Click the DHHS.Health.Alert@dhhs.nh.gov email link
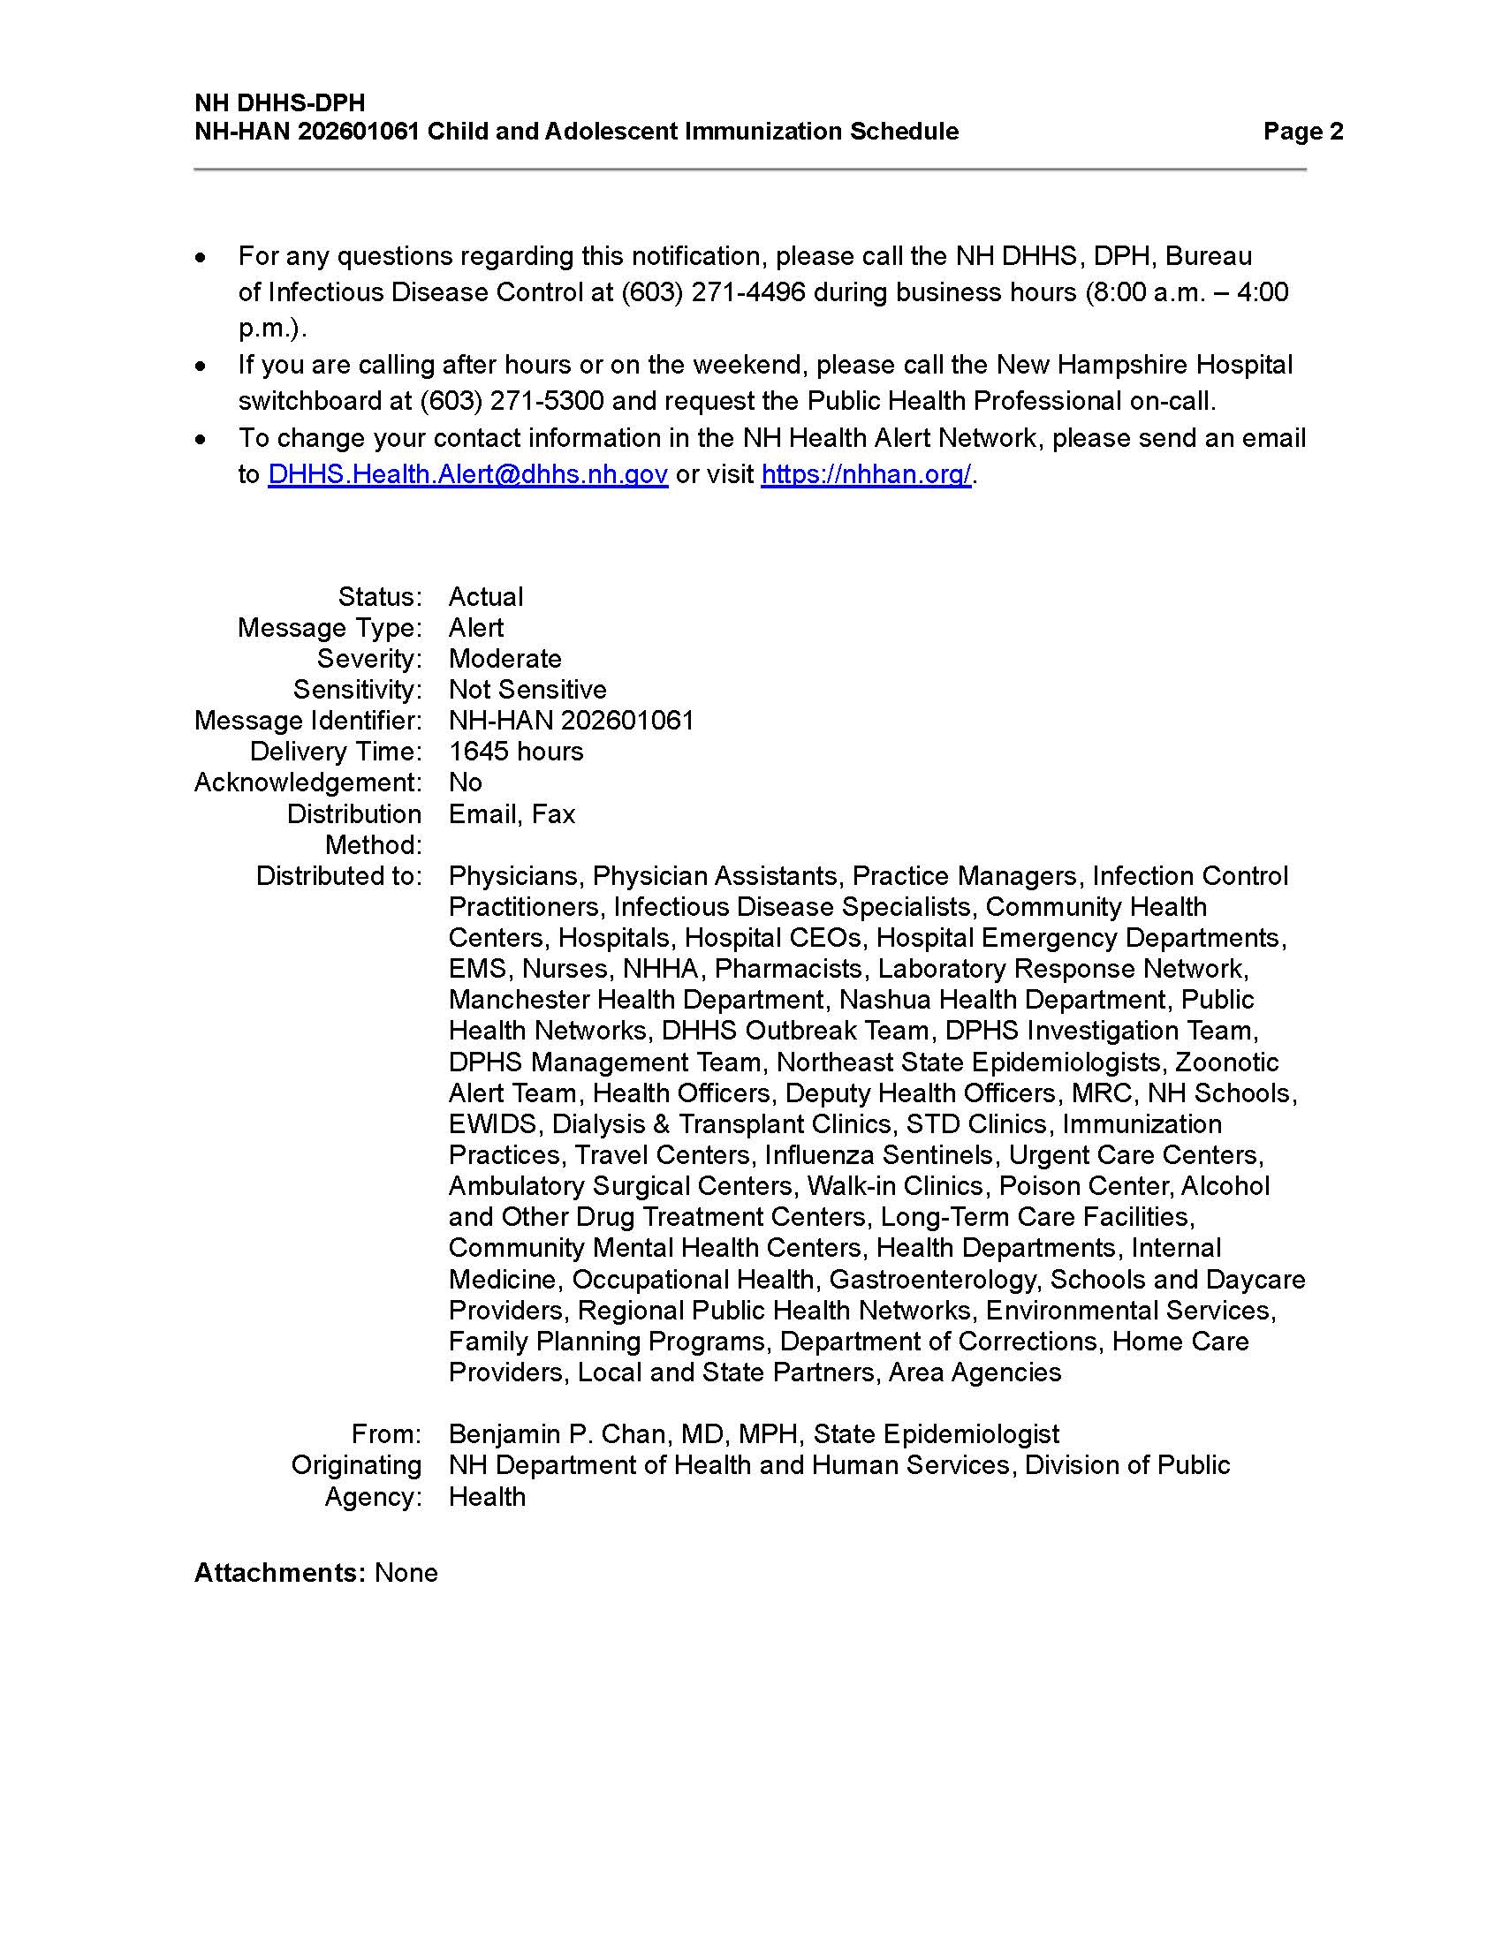(x=467, y=474)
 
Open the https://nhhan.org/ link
(x=865, y=474)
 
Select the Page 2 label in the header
(x=1302, y=132)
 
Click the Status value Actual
(x=486, y=596)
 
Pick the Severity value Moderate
(x=504, y=658)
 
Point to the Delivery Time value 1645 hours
(x=516, y=751)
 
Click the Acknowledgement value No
(x=466, y=782)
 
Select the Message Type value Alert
(x=476, y=627)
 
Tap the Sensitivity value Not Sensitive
(x=527, y=690)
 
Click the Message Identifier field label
(x=307, y=721)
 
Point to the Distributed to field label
(x=339, y=875)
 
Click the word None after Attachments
(x=406, y=1572)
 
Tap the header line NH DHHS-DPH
(x=279, y=102)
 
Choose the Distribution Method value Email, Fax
(x=512, y=814)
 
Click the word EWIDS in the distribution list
(x=493, y=1123)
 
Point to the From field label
(x=386, y=1433)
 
